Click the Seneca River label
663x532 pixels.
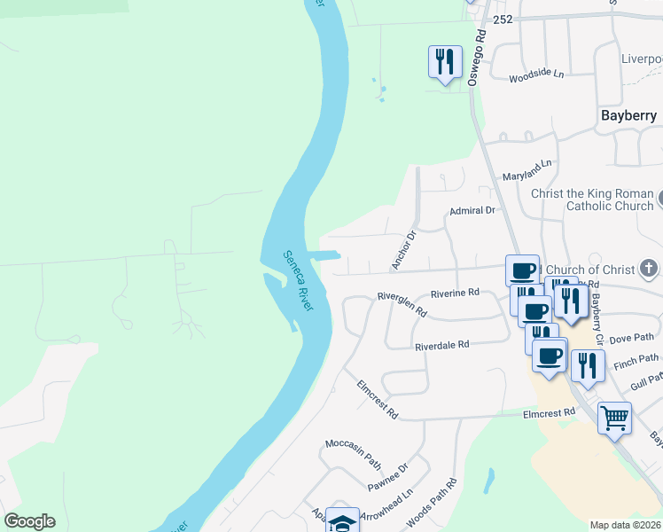pyautogui.click(x=298, y=279)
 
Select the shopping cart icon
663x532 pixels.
pyautogui.click(x=613, y=416)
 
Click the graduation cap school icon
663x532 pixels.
pyautogui.click(x=342, y=521)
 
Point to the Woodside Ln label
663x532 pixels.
pyautogui.click(x=536, y=75)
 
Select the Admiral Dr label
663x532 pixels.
pyautogui.click(x=472, y=211)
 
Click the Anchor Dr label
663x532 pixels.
pyautogui.click(x=404, y=251)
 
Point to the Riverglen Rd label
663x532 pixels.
pyautogui.click(x=402, y=304)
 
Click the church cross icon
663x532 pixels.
pyautogui.click(x=649, y=268)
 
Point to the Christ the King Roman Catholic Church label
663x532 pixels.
pyautogui.click(x=592, y=199)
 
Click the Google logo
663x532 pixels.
pyautogui.click(x=29, y=521)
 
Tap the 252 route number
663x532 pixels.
pyautogui.click(x=503, y=19)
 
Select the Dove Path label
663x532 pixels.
pyautogui.click(x=632, y=338)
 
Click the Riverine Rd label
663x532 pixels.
pyautogui.click(x=455, y=293)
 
